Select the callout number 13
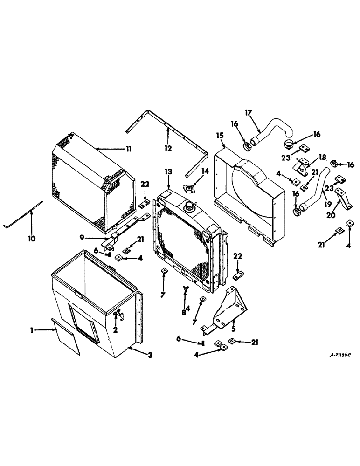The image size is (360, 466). pos(168,172)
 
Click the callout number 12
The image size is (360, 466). pos(168,148)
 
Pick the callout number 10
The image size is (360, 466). pos(31,240)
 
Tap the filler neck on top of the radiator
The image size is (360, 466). pos(190,205)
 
